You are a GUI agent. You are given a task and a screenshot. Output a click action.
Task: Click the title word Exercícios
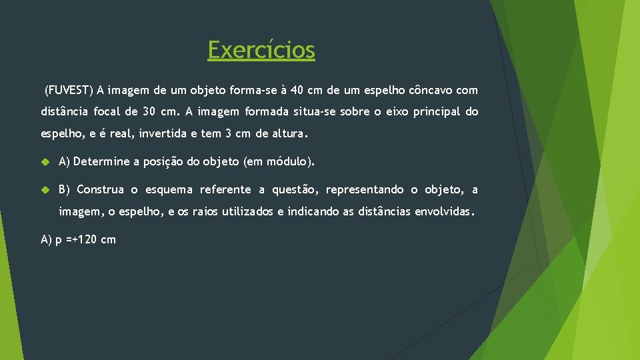coord(261,50)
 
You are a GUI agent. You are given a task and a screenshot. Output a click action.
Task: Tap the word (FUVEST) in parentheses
coord(69,89)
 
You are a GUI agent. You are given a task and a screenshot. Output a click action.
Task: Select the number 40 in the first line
coord(298,89)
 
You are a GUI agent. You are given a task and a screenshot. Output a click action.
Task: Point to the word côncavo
coord(429,89)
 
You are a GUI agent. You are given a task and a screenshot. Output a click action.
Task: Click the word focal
coord(105,111)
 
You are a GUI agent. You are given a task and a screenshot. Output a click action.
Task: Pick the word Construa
coord(100,189)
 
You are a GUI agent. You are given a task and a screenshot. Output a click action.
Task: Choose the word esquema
coord(166,189)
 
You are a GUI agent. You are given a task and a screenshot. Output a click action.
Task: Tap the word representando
coord(365,189)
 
